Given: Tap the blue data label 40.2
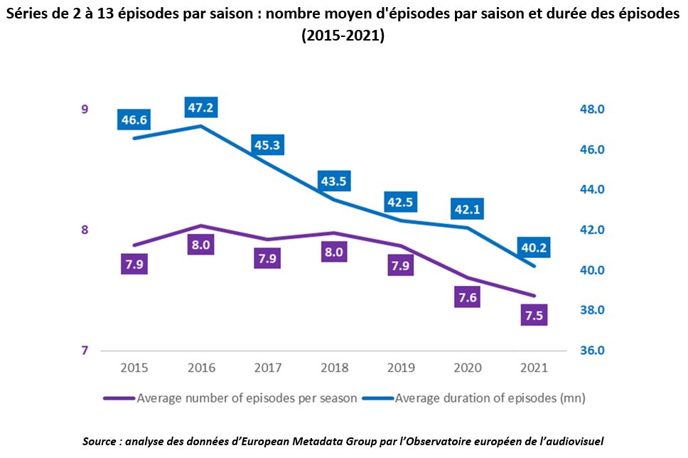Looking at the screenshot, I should tap(533, 249).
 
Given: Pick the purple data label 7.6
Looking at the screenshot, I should tap(467, 298).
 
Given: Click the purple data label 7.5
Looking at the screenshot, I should tap(534, 316).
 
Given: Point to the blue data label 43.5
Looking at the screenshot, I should tap(333, 181).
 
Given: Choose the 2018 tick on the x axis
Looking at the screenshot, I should tap(333, 368).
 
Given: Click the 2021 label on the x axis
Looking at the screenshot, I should tap(534, 368).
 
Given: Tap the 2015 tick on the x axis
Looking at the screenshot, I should tap(134, 368).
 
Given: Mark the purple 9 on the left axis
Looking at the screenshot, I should tap(85, 110).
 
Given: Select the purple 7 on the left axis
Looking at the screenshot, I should tap(85, 351).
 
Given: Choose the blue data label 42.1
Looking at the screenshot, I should tap(467, 210).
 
